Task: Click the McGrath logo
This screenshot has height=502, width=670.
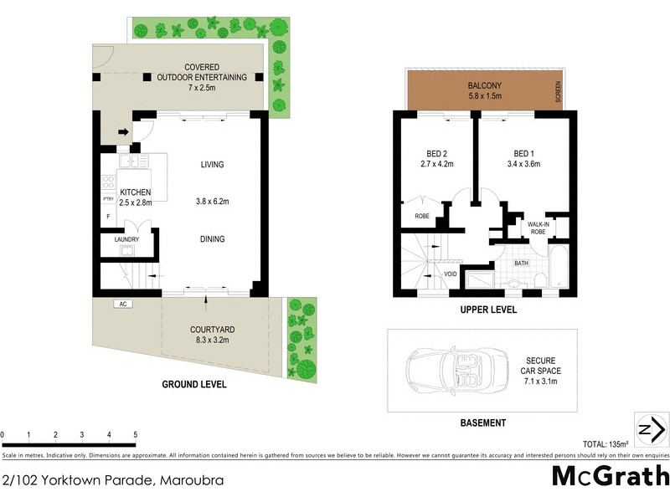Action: (x=610, y=475)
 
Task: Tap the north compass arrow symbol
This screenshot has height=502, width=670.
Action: (x=651, y=430)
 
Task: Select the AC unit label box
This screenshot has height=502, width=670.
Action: (x=122, y=304)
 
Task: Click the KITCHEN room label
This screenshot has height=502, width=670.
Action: (x=135, y=192)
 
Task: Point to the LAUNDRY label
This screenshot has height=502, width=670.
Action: (x=126, y=240)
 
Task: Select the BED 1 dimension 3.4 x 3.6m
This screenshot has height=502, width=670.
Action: (x=526, y=164)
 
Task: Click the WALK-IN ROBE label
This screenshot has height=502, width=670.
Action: (x=537, y=228)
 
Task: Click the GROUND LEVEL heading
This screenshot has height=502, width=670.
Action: (x=194, y=385)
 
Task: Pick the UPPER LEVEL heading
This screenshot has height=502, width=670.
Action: (x=488, y=310)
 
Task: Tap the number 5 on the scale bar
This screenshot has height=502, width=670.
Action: (x=136, y=435)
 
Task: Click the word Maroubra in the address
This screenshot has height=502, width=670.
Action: (x=190, y=480)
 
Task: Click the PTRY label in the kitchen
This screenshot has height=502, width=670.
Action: (x=108, y=199)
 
